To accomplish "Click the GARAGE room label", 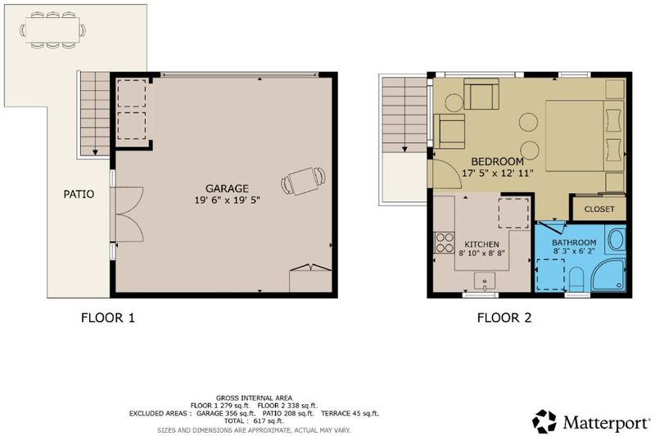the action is point(227,189).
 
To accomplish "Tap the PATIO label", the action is point(79,194).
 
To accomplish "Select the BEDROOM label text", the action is point(497,161).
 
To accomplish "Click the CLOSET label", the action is point(599,209).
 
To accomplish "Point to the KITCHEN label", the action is point(481,245).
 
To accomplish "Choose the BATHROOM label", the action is point(574,242).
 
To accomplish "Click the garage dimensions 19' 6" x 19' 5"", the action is point(228,200).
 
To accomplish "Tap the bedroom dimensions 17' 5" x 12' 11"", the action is point(498,173).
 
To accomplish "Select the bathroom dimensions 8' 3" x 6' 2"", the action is point(574,251).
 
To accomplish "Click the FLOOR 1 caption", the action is point(108,318).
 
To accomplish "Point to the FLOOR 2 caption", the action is point(504,318).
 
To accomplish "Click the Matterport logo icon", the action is point(544,421).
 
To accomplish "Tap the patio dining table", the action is point(52,30).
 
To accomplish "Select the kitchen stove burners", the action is point(444,242).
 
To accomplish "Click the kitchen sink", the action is point(485,281).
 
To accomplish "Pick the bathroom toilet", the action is point(576,278).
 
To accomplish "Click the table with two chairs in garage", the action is point(304,181).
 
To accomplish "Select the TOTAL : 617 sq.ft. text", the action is point(254,421).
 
